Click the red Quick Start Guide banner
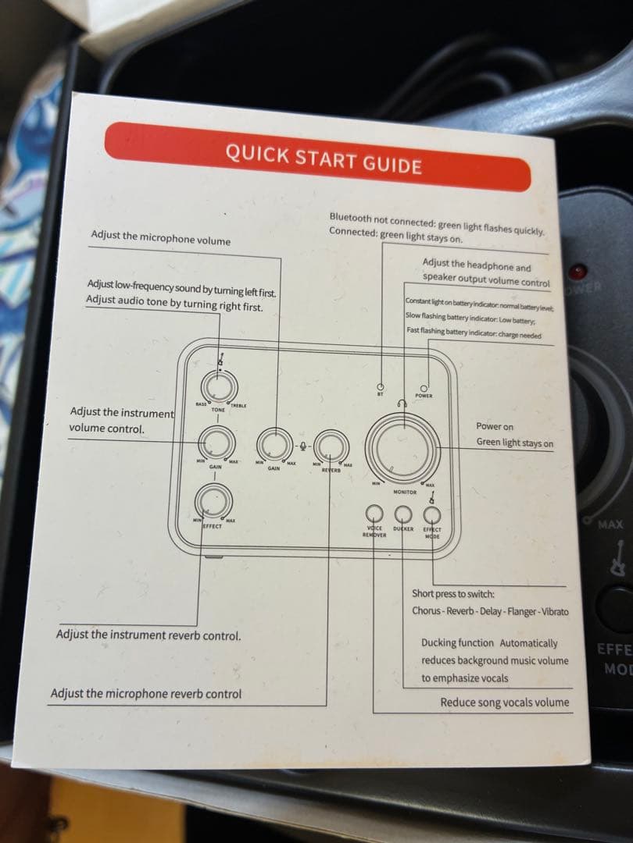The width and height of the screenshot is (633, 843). click(317, 157)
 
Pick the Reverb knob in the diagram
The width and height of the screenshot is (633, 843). click(332, 446)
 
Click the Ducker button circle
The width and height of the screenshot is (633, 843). click(403, 513)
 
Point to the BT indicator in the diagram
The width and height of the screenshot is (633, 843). click(380, 387)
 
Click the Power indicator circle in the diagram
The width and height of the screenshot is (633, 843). click(424, 386)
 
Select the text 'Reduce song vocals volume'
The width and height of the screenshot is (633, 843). click(504, 702)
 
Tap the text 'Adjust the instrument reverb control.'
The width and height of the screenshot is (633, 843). click(148, 635)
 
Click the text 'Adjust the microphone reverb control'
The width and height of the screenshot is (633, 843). click(146, 693)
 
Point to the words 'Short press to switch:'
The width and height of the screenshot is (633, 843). click(448, 594)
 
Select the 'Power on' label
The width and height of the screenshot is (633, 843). click(495, 426)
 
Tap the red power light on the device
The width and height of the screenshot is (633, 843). click(578, 272)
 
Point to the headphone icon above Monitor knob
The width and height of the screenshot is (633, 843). click(402, 404)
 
